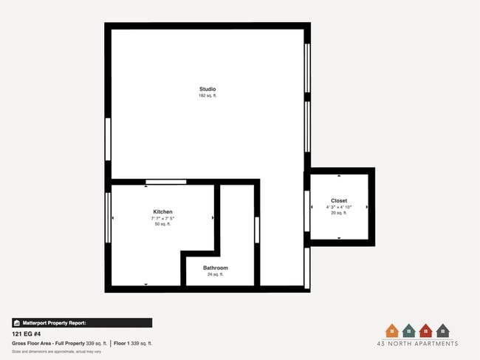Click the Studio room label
click(x=208, y=89)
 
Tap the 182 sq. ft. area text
click(x=208, y=96)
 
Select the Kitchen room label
click(x=162, y=212)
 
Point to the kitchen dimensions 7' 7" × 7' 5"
click(x=162, y=219)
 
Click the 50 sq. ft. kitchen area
click(x=162, y=225)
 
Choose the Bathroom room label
click(x=216, y=268)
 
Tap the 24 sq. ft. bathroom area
click(x=216, y=274)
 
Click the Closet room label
click(x=339, y=200)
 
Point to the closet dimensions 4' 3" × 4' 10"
click(x=339, y=207)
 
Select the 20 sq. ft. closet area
click(x=339, y=213)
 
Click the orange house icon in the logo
click(x=391, y=330)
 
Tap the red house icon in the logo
click(x=425, y=330)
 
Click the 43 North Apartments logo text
click(x=417, y=344)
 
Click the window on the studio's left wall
click(x=108, y=138)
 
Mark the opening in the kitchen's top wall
click(x=165, y=182)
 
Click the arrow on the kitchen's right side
click(x=213, y=218)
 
